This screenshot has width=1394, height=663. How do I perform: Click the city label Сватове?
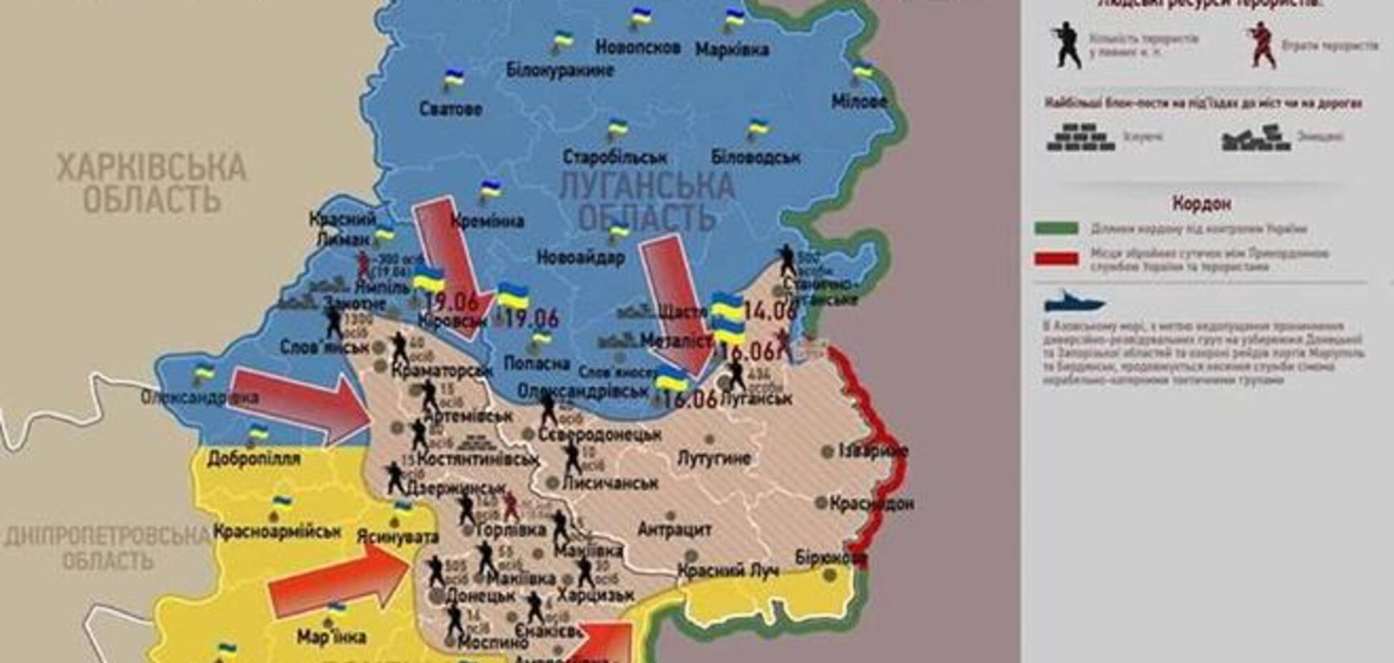point(450,110)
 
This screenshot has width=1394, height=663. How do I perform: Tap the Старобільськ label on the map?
point(615,157)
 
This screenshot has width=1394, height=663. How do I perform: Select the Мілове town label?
point(859,102)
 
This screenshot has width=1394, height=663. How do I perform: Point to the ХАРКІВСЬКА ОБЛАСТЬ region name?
point(151,183)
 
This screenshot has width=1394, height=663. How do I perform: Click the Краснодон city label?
point(871,504)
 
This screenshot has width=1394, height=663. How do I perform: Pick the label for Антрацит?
point(674,530)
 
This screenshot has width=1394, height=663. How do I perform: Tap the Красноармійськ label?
point(276,532)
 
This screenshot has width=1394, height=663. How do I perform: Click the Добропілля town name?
point(254,458)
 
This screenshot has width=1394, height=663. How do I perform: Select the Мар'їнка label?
point(331,636)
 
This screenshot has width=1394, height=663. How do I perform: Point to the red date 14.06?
point(770,311)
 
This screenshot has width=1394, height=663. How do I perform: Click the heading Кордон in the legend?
point(1201,204)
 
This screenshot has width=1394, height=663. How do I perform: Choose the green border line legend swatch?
point(1056,229)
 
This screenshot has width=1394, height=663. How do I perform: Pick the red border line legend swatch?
point(1056,258)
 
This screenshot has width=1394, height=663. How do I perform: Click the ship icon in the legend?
point(1073,303)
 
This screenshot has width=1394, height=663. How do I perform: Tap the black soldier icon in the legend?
point(1067,44)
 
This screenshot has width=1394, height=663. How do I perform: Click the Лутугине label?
point(713,458)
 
